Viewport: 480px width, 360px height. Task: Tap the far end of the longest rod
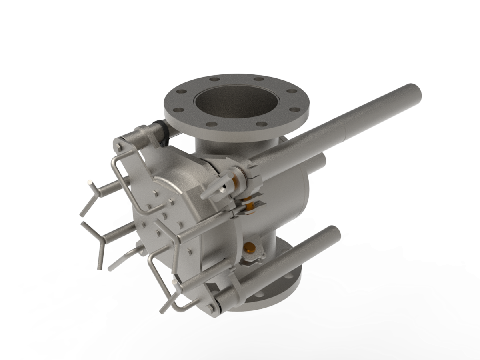tap(416, 92)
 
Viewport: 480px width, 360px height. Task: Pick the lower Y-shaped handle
tap(96, 242)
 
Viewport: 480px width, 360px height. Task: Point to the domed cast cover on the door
tap(176, 184)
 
